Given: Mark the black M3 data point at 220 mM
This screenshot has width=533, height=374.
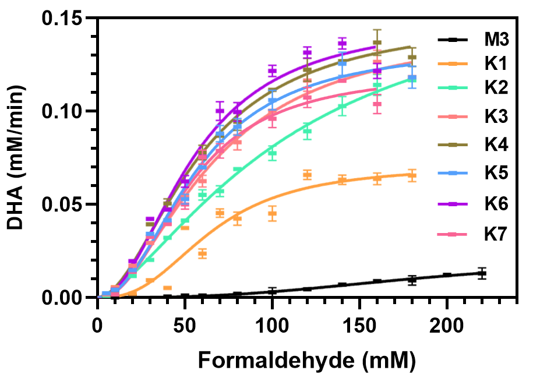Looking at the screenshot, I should [x=482, y=273].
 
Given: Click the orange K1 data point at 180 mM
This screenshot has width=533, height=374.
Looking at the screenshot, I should [x=412, y=174].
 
